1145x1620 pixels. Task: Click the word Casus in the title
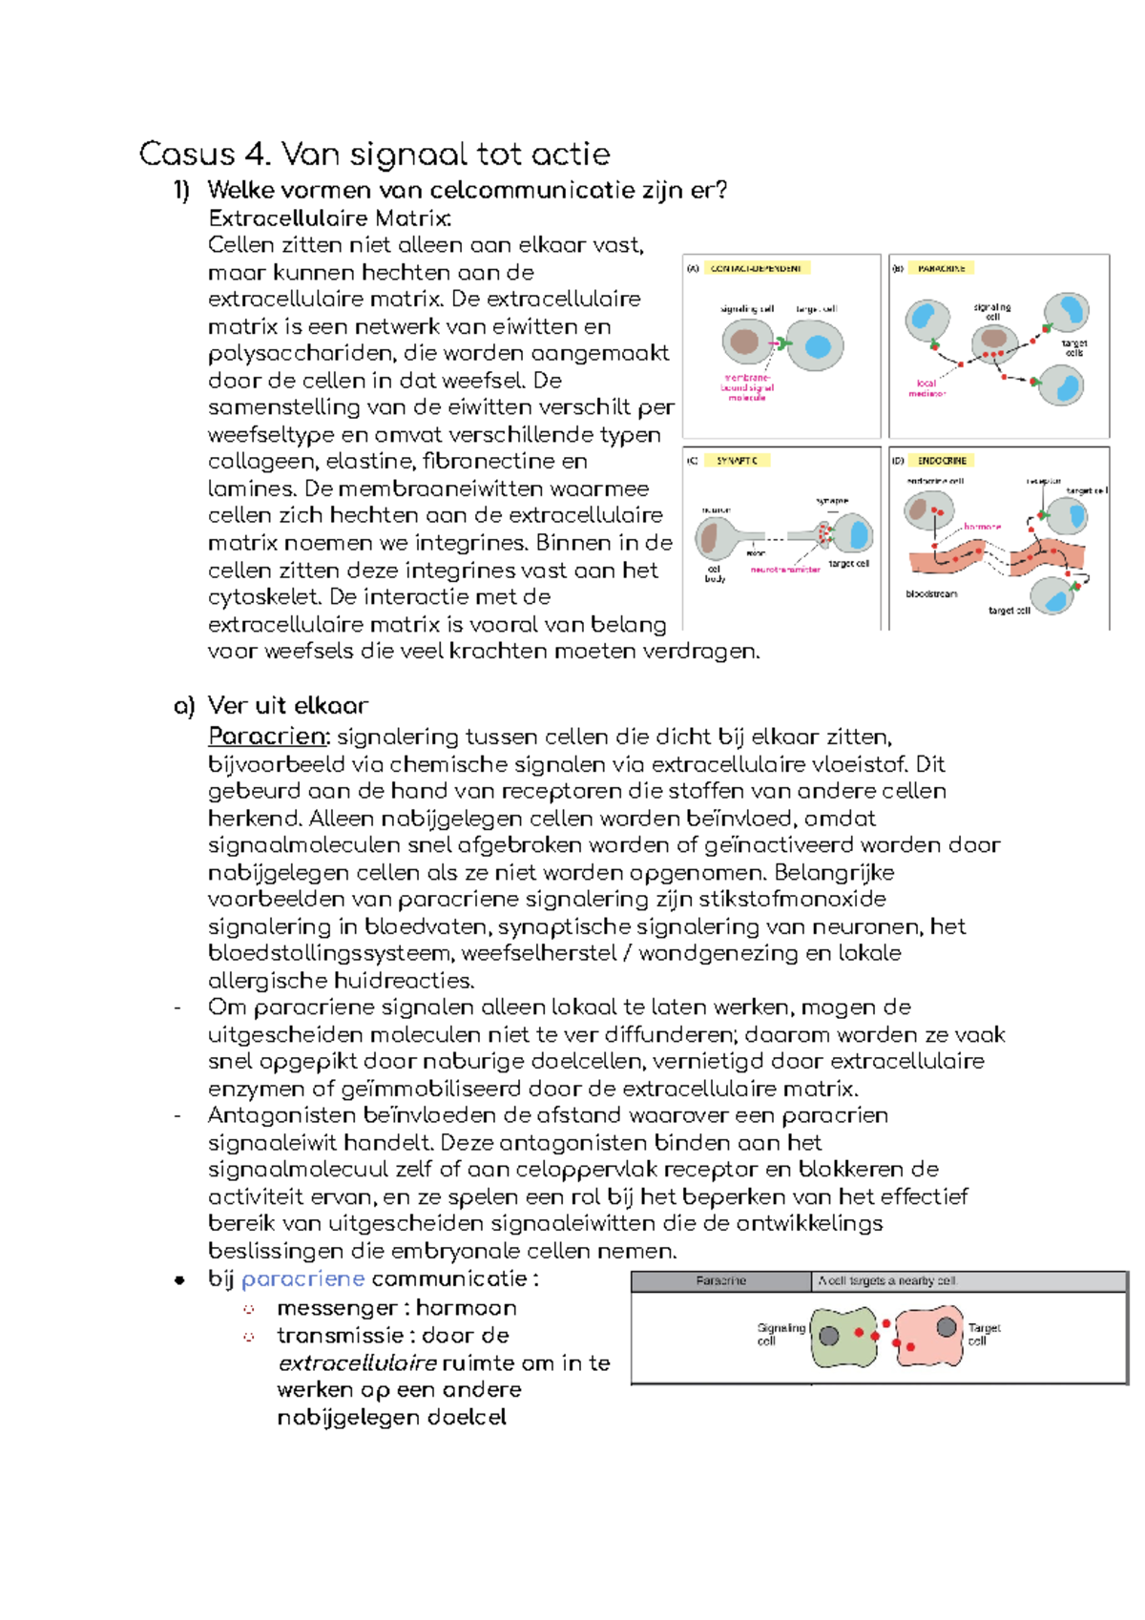[187, 155]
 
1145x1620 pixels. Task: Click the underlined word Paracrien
[268, 737]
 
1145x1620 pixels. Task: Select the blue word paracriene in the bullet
[302, 1278]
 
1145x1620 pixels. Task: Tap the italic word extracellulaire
[357, 1362]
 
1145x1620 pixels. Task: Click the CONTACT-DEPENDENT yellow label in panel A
[757, 268]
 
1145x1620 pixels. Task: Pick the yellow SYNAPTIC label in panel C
[738, 461]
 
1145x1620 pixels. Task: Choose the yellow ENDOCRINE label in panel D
[942, 461]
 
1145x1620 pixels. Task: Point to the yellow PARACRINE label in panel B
[942, 268]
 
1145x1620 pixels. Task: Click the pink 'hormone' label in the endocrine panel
[982, 527]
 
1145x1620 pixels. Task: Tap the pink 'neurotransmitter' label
[785, 570]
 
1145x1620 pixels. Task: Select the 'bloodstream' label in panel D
[931, 593]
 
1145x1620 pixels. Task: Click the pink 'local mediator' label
[926, 388]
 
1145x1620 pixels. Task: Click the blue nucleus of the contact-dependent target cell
[818, 345]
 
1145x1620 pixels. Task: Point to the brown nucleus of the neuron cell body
[711, 538]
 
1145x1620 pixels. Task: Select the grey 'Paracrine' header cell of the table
[721, 1280]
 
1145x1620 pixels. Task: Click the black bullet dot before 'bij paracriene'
[179, 1280]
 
